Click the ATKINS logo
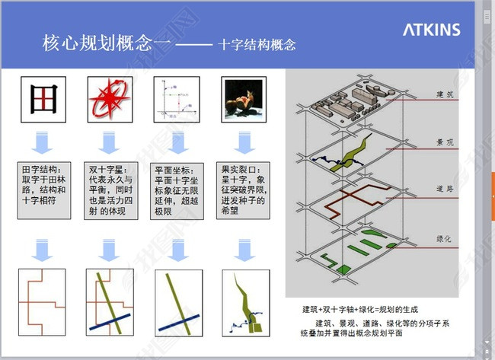pyautogui.click(x=431, y=30)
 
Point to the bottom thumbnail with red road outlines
pyautogui.click(x=43, y=302)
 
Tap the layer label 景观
pyautogui.click(x=445, y=142)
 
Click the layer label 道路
pyautogui.click(x=445, y=188)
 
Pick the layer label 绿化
pyautogui.click(x=445, y=238)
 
